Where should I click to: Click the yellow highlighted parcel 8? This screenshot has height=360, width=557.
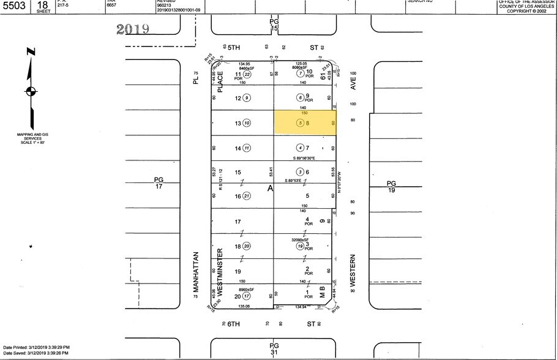coord(304,122)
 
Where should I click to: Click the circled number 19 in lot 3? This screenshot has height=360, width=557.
coord(300,246)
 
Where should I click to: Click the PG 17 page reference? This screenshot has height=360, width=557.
coord(159,183)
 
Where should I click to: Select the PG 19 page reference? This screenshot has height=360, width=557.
coord(391,186)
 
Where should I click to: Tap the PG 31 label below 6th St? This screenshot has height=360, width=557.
coord(274,348)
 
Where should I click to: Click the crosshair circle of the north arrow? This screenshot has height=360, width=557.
coord(30,92)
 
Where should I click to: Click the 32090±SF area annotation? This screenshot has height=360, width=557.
coord(300,239)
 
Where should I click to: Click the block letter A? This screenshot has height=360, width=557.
coord(269,189)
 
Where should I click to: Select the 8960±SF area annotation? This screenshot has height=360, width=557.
coord(246,288)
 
